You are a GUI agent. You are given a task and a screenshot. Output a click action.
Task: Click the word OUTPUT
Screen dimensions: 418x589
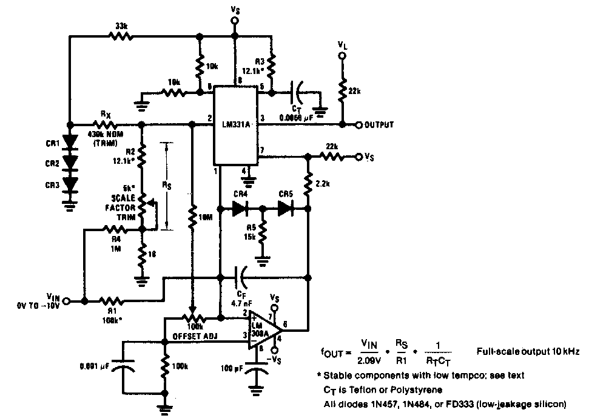(379, 124)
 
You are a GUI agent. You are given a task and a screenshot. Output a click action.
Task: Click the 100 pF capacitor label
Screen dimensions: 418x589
(231, 368)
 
